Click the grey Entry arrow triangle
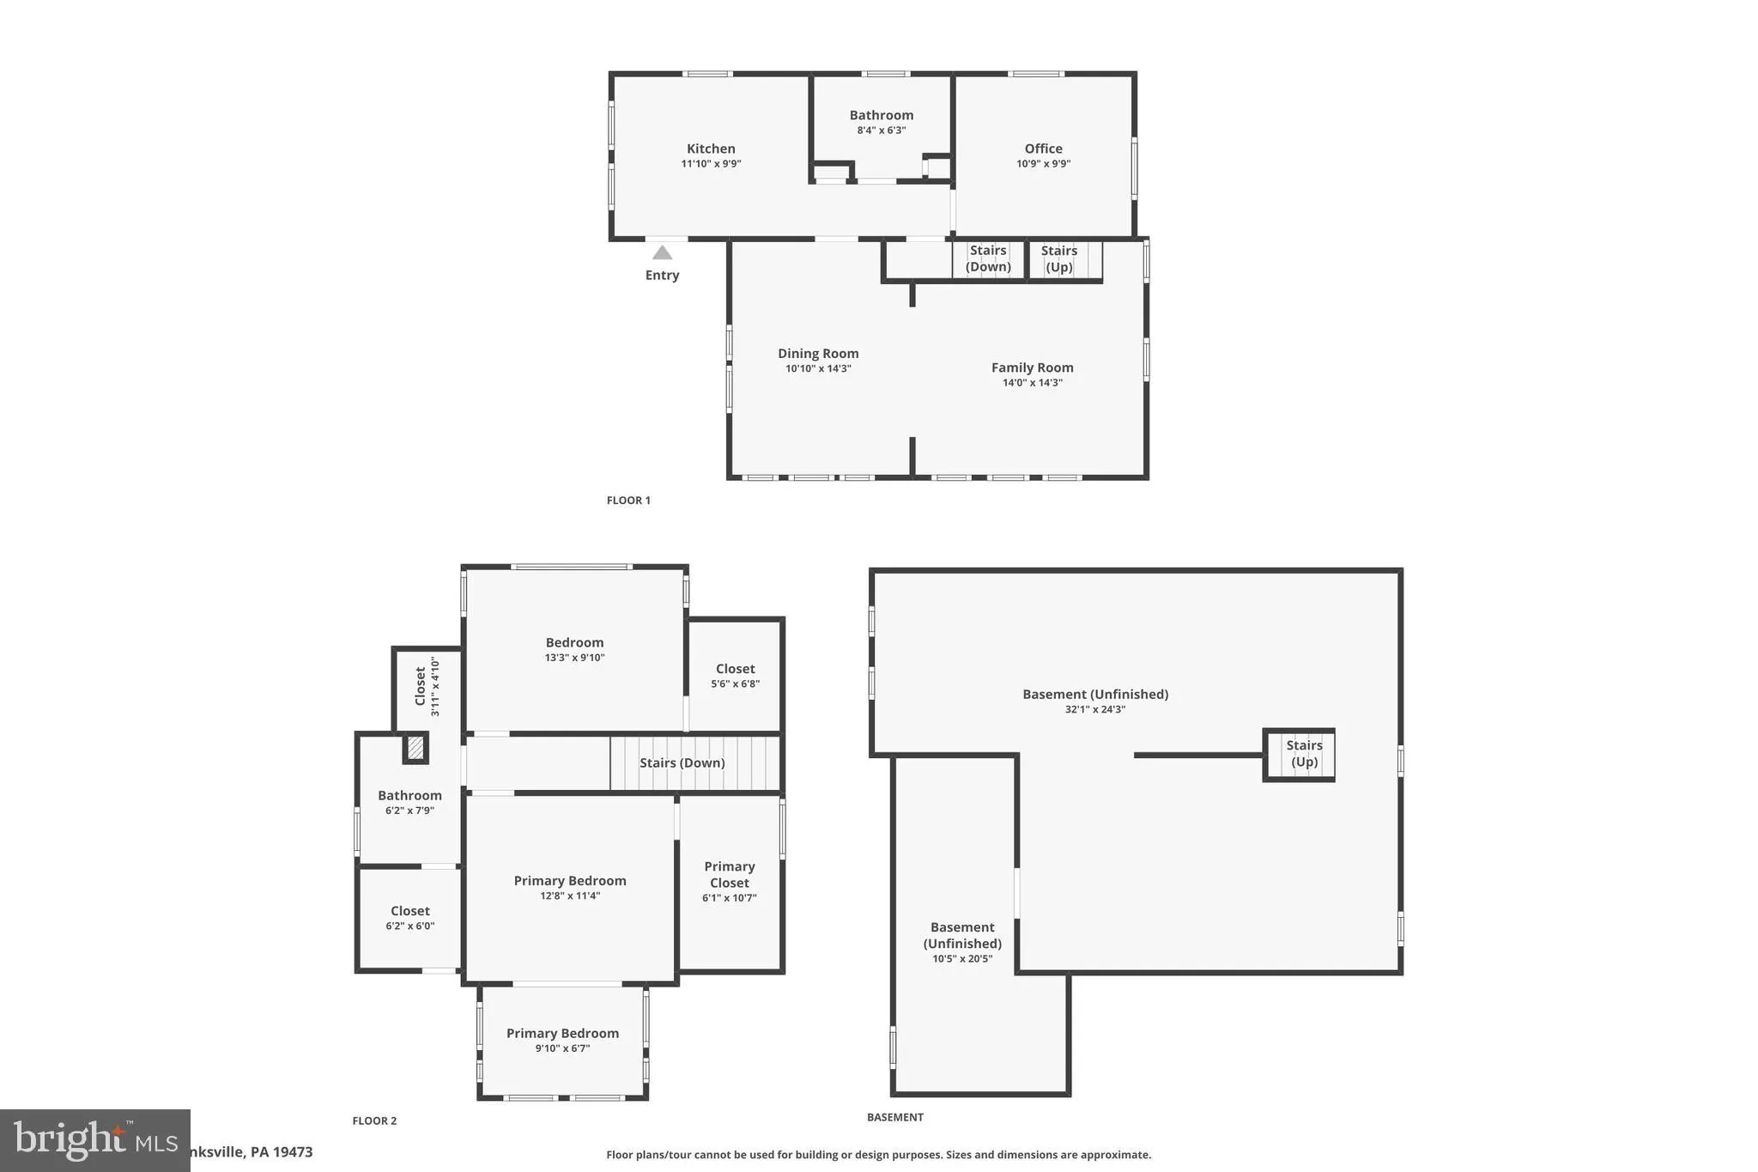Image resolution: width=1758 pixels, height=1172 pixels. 662,252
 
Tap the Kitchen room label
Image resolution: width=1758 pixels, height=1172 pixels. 711,149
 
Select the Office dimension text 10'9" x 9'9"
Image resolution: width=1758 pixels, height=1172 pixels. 1043,164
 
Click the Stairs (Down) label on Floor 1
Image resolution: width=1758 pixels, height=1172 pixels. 988,258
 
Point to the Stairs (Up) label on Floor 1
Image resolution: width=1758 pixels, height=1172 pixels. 1059,258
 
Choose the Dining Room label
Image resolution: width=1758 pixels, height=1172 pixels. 818,353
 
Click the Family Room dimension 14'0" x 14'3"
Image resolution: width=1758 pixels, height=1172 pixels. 1032,383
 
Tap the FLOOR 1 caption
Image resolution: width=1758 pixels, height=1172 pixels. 628,501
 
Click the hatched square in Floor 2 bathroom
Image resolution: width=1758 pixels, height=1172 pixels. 415,748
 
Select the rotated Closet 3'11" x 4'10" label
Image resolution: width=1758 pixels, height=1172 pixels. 427,686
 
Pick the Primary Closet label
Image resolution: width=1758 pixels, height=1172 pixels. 729,874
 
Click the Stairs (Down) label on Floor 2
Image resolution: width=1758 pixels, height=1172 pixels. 682,762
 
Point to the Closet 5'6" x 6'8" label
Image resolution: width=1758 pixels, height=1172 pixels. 735,675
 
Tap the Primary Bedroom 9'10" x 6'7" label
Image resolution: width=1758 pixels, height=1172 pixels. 562,1040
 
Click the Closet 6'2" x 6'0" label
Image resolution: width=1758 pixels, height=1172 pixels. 409,917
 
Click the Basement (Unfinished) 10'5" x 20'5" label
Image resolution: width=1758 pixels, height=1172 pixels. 962,942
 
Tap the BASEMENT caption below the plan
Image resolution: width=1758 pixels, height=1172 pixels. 894,1117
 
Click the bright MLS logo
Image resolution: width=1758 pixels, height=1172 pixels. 94,1140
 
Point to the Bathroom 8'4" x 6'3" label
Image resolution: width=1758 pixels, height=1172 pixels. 881,122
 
